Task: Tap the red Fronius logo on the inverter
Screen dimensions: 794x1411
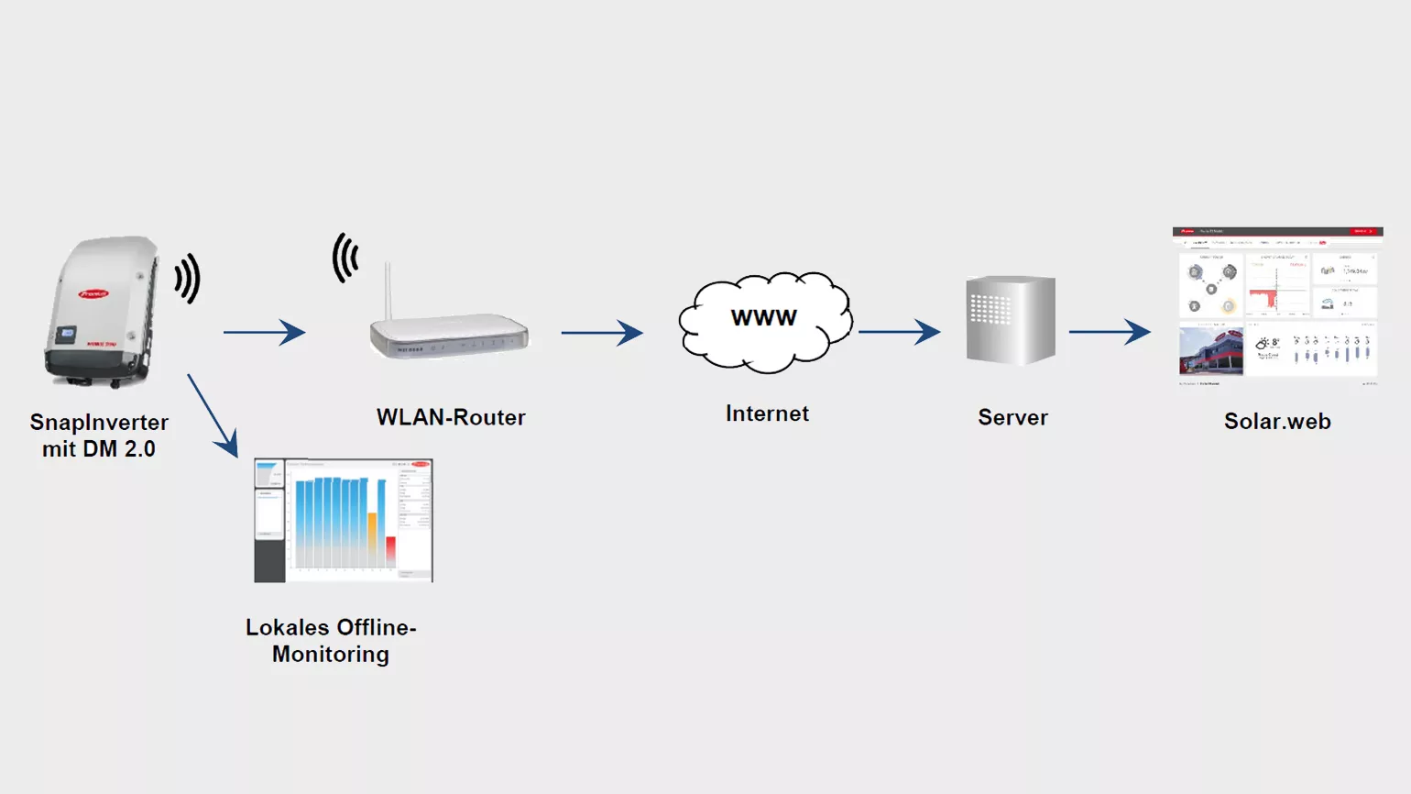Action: click(93, 293)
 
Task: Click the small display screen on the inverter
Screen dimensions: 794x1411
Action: click(67, 335)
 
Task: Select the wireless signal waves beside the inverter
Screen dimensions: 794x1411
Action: click(188, 278)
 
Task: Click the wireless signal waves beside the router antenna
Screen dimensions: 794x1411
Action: click(345, 258)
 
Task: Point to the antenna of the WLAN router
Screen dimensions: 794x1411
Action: click(388, 290)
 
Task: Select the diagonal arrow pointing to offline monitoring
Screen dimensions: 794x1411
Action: click(213, 415)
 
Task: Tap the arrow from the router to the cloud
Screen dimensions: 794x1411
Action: click(602, 332)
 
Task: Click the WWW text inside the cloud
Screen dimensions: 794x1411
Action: click(763, 318)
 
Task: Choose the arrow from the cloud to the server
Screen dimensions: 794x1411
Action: click(899, 332)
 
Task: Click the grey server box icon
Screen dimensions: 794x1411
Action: click(1011, 321)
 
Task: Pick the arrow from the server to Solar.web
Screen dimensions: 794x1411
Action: click(1110, 332)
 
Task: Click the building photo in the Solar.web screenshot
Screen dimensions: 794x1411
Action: click(1210, 351)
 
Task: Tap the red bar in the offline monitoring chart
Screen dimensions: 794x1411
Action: click(390, 551)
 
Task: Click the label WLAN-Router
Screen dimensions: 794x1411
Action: click(451, 417)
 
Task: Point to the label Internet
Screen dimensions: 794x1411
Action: click(767, 414)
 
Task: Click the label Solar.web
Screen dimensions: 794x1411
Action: click(1277, 421)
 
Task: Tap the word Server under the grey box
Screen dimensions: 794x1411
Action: click(1012, 417)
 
